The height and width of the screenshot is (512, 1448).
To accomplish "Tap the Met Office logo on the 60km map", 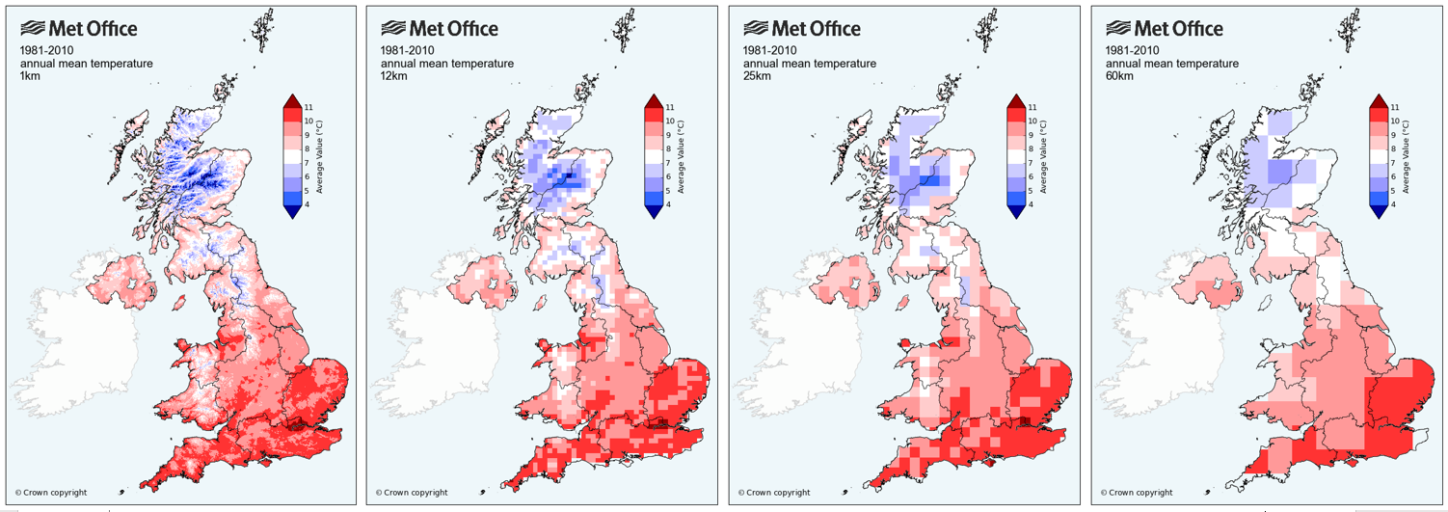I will [1165, 29].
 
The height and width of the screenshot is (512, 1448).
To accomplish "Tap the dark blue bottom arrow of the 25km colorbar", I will [1015, 211].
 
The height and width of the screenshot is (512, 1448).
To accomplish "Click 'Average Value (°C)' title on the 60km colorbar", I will [1407, 156].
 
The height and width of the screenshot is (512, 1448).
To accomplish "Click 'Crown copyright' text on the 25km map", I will [775, 493].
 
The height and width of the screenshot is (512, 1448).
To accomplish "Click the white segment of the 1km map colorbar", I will [292, 156].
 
